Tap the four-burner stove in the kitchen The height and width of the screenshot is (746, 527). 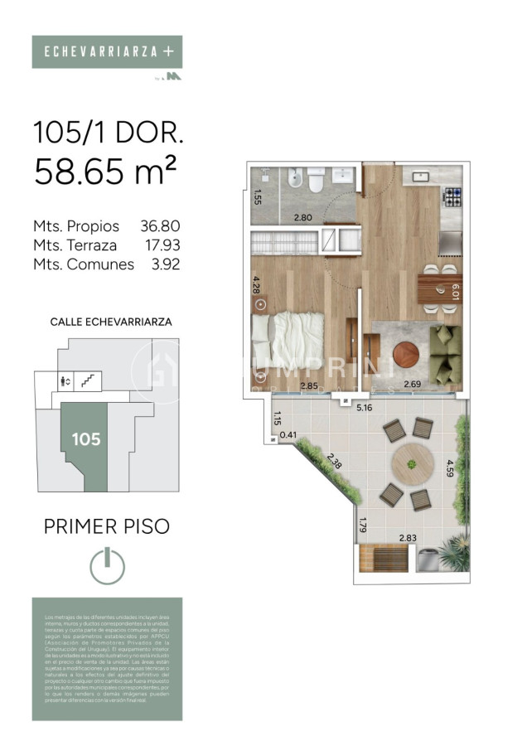[x=453, y=198]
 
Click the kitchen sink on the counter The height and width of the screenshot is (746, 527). [x=420, y=176]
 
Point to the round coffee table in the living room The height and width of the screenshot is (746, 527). [x=406, y=355]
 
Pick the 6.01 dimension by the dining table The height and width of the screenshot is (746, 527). [x=454, y=293]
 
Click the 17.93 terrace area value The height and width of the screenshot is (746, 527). [x=161, y=245]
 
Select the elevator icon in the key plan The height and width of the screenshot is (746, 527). [x=66, y=381]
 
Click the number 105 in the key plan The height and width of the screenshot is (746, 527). [x=85, y=439]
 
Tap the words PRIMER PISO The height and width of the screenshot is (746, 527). [x=106, y=526]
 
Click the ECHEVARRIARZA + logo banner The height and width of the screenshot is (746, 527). [x=107, y=51]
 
